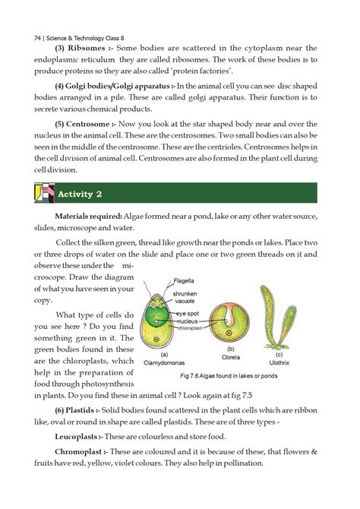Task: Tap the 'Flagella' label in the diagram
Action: click(183, 280)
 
